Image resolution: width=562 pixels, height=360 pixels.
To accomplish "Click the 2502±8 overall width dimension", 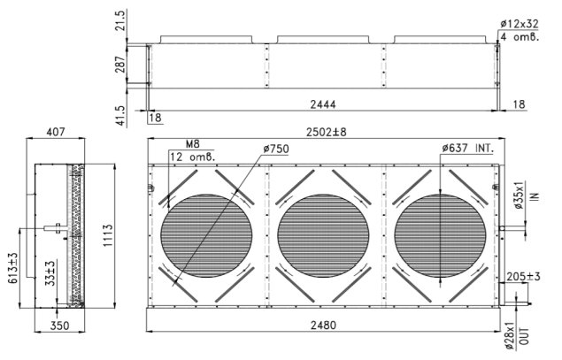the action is click(327, 132).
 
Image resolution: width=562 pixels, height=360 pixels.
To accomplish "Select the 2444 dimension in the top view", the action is click(323, 104).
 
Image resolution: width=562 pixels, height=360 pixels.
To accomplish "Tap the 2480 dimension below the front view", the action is click(323, 326).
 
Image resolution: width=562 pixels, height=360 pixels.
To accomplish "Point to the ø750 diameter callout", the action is click(275, 149).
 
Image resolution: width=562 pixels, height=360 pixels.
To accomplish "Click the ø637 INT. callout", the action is click(467, 148).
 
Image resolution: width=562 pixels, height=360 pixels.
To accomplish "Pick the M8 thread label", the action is click(192, 144).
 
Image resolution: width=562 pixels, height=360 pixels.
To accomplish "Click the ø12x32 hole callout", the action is click(520, 24).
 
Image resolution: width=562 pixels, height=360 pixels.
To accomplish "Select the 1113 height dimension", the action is click(108, 235).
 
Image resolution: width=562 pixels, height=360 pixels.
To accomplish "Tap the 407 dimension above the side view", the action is click(56, 132).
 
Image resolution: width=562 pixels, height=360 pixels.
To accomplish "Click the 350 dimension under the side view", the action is click(59, 326).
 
